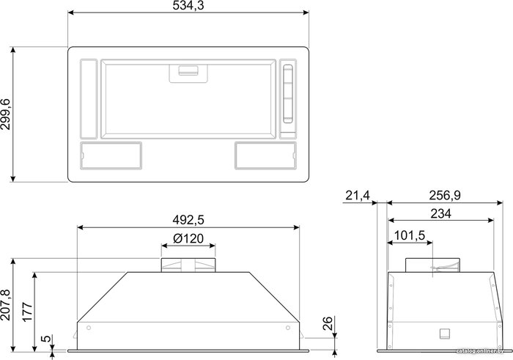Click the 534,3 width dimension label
pyautogui.click(x=188, y=6)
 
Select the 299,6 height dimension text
pyautogui.click(x=6, y=114)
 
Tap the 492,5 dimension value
pyautogui.click(x=188, y=220)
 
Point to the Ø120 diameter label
pyautogui.click(x=188, y=238)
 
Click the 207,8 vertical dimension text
pyautogui.click(x=6, y=305)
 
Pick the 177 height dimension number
pyautogui.click(x=27, y=312)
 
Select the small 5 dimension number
pyautogui.click(x=48, y=339)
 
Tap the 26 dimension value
pyautogui.click(x=328, y=323)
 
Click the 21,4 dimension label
pyautogui.click(x=358, y=196)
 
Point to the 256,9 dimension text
pyautogui.click(x=445, y=195)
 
